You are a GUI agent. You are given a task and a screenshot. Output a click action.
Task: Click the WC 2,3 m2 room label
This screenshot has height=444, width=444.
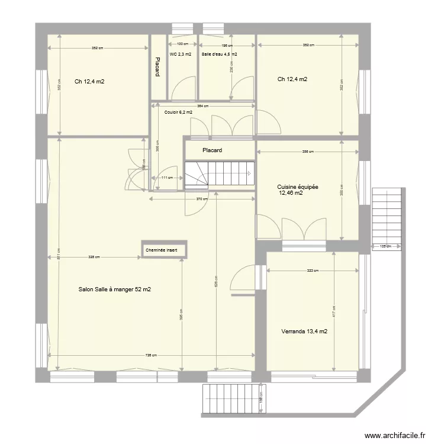[x=180, y=54]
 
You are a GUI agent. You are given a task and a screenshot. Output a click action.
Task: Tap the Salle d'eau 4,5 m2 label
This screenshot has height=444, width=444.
[x=219, y=54]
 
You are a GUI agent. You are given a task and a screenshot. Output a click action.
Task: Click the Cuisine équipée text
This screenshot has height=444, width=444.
[x=297, y=186]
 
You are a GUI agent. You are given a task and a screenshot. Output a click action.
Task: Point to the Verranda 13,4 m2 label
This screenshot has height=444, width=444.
[x=305, y=332]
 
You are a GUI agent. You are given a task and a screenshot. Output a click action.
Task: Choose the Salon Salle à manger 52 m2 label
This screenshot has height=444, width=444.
[x=114, y=289]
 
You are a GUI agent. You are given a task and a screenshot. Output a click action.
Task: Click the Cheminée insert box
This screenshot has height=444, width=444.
[x=165, y=250]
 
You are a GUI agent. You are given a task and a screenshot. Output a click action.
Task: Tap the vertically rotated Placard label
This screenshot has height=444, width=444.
[x=157, y=67]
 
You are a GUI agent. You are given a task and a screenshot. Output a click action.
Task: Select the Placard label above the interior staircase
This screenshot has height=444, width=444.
[x=212, y=150]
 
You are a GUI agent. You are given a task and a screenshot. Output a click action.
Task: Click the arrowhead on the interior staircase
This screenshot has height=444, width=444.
[x=249, y=173]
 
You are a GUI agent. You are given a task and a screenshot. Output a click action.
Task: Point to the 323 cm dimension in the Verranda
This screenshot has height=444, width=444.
[x=313, y=271]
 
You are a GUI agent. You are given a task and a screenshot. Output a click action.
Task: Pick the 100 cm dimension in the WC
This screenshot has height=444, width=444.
[x=183, y=44]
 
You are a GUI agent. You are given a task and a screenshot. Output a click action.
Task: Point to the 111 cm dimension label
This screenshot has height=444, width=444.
[x=167, y=178]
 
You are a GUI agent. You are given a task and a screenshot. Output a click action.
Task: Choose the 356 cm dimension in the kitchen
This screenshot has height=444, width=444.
[x=307, y=152]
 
